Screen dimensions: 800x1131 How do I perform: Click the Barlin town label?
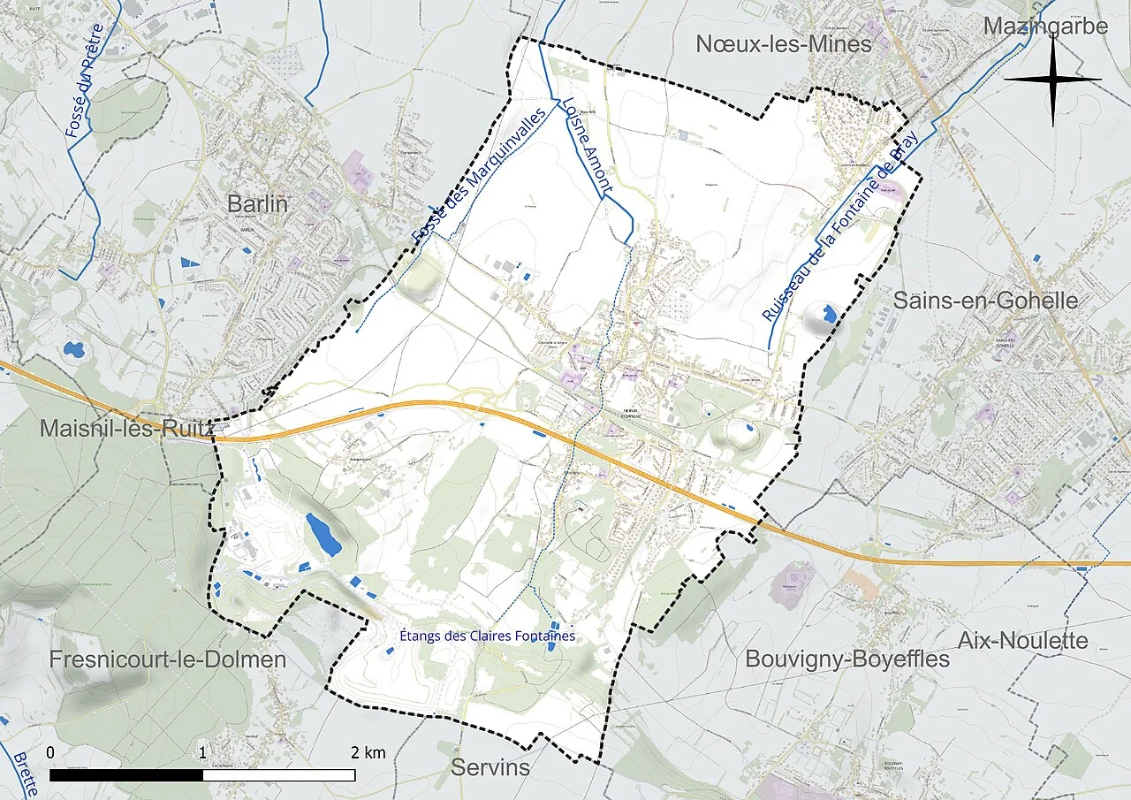pyautogui.click(x=258, y=203)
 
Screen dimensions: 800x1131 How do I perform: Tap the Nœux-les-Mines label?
pyautogui.click(x=784, y=43)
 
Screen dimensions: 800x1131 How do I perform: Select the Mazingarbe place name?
pyautogui.click(x=1045, y=27)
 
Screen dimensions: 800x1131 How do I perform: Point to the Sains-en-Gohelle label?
pyautogui.click(x=985, y=300)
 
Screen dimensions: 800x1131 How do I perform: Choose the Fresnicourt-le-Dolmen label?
pyautogui.click(x=168, y=659)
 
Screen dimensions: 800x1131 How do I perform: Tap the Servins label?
pyautogui.click(x=490, y=767)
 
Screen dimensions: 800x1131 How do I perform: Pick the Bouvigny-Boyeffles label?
pyautogui.click(x=847, y=659)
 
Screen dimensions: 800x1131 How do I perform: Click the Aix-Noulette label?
pyautogui.click(x=1023, y=640)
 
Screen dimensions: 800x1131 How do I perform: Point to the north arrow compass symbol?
pyautogui.click(x=1052, y=80)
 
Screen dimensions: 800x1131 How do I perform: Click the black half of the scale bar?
pyautogui.click(x=125, y=775)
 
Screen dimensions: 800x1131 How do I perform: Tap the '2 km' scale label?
pyautogui.click(x=368, y=753)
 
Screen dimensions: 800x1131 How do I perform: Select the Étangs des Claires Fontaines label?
pyautogui.click(x=487, y=636)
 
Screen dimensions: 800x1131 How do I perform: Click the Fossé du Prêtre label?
pyautogui.click(x=85, y=80)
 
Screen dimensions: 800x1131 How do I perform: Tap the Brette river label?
pyautogui.click(x=25, y=773)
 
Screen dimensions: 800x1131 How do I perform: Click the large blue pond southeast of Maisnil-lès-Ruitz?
pyautogui.click(x=323, y=533)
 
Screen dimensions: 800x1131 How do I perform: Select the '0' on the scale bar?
pyautogui.click(x=50, y=753)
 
